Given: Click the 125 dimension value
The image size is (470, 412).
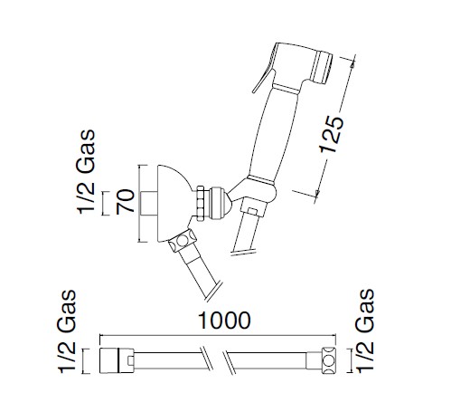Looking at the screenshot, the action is tap(332, 134).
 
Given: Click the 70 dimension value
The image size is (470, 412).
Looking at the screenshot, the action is tap(126, 202).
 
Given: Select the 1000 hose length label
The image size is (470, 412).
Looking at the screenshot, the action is tap(224, 321).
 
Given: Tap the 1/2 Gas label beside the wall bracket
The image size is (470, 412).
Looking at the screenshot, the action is tap(86, 172).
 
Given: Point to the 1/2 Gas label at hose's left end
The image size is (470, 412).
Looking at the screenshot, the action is tap(67, 331).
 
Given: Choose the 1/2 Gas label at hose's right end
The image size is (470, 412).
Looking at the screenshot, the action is tap(365, 331).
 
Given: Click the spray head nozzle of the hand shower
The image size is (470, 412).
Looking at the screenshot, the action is tap(323, 68).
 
